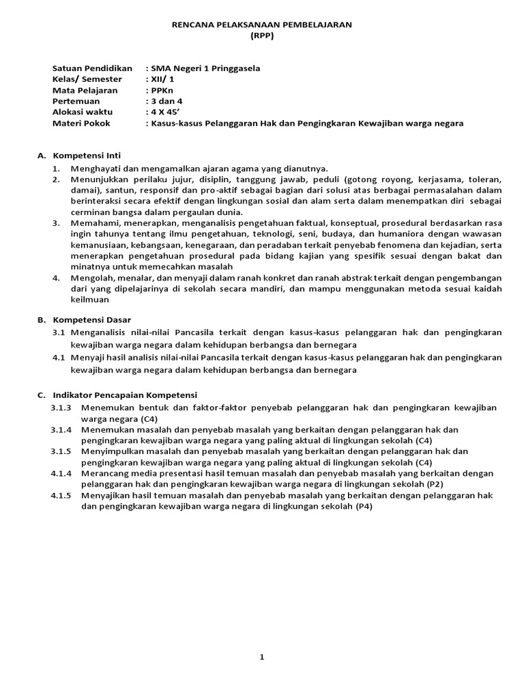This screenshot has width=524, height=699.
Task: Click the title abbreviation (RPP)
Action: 262,36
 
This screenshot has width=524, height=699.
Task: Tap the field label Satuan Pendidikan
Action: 92,68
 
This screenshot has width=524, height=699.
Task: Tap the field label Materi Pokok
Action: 81,123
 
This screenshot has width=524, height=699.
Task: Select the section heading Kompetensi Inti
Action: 87,156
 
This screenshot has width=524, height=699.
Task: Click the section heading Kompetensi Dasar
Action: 91,319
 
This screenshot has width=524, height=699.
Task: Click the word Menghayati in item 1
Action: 94,168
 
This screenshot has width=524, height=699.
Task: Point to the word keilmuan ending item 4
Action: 89,299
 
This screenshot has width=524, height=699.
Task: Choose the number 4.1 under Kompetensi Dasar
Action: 59,357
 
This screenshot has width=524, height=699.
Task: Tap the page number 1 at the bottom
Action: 261,657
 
